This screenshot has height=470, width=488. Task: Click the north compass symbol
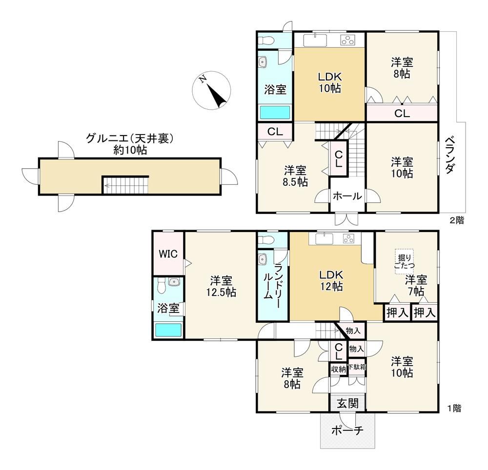212,90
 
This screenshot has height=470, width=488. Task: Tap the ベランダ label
450,155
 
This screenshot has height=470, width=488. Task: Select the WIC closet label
168,254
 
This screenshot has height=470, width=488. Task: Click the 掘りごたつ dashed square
404,261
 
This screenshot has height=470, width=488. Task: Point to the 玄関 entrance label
348,404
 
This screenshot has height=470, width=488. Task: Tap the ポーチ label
347,431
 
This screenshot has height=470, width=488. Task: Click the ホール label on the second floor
347,196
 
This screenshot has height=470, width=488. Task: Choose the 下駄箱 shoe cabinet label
357,367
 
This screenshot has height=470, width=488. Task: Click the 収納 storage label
338,369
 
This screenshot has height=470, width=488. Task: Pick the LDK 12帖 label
331,280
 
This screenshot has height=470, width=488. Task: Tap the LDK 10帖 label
329,82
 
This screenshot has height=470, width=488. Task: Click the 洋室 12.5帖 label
221,287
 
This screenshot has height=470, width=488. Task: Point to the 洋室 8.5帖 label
295,176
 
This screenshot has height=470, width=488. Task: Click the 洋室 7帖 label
416,286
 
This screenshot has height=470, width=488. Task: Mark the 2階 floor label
457,220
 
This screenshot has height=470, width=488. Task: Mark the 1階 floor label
454,408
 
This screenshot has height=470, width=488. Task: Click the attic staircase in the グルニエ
125,185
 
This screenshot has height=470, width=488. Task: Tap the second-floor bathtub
275,112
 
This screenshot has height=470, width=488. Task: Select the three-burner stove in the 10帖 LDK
348,40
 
